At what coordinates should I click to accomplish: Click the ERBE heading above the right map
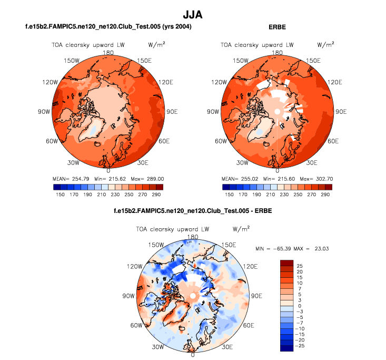[x=277, y=26]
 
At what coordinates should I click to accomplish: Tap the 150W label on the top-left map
[x=73, y=61]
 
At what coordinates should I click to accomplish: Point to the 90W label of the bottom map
[x=129, y=296]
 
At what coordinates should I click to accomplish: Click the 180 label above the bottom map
[x=193, y=237]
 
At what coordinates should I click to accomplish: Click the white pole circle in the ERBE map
[x=277, y=111]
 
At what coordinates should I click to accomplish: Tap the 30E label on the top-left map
[x=142, y=162]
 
